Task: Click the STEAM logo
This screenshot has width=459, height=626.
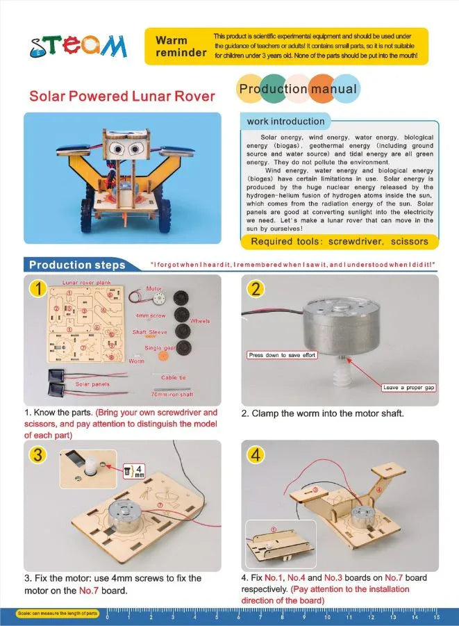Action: pos(78,47)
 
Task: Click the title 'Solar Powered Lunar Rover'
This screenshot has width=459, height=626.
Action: pos(122,96)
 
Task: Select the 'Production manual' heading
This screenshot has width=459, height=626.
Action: pos(298,89)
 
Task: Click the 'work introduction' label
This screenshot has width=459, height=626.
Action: pos(285,122)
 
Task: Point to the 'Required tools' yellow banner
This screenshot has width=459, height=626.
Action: pos(340,242)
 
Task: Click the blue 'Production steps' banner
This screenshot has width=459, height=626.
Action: pos(77,265)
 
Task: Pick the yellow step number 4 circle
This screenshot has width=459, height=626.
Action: pos(256,455)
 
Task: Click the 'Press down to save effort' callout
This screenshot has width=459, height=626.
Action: pos(283,355)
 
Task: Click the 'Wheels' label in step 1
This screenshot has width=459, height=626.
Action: pos(201,321)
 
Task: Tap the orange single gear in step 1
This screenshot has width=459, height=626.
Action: pos(165,356)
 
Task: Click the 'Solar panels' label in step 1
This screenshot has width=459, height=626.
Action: pos(92,384)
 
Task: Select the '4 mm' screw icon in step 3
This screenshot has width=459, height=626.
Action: pos(136,470)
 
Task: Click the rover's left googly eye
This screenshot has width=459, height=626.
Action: pos(117,149)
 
